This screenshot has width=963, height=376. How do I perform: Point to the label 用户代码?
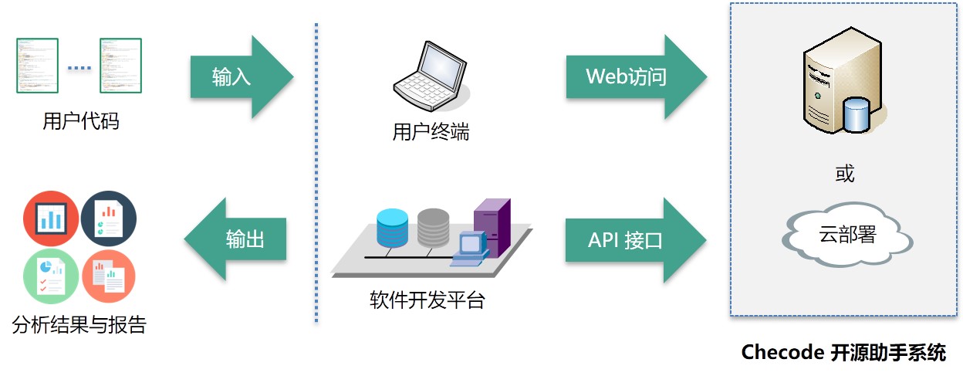click(x=81, y=121)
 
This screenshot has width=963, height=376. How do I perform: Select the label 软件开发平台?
click(x=427, y=300)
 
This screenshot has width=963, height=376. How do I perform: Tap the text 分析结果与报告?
click(x=79, y=324)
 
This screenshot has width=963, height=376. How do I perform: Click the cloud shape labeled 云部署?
click(x=846, y=235)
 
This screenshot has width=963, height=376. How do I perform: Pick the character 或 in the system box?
click(x=845, y=174)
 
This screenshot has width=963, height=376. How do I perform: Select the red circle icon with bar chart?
click(x=51, y=218)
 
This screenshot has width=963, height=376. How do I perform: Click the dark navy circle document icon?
click(x=108, y=218)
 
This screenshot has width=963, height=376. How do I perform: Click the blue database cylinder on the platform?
click(x=392, y=227)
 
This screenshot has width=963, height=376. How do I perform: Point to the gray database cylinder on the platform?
click(x=433, y=227)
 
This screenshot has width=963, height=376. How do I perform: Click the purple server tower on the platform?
click(x=492, y=225)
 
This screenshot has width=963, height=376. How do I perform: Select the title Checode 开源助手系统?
click(x=843, y=352)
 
